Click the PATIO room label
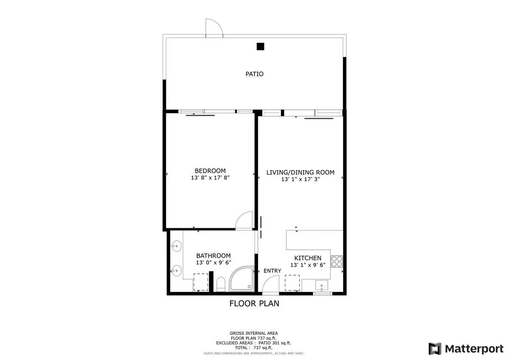coord(255,74)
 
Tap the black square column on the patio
coord(260,47)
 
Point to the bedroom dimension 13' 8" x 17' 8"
coord(210,179)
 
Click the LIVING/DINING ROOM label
coord(300,172)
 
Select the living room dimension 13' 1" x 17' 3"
coord(300,179)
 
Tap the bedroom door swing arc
coord(245,221)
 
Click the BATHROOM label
coord(213,256)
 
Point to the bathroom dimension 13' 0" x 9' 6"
coord(213,263)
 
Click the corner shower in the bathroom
coord(242,279)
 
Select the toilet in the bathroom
coord(221,284)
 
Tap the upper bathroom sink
coord(176,246)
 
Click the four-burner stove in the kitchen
coord(337,261)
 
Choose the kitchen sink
coord(322,287)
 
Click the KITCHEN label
coord(308,258)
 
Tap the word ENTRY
coord(272,271)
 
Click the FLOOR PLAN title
coord(254,303)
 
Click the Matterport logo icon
coord(435,349)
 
